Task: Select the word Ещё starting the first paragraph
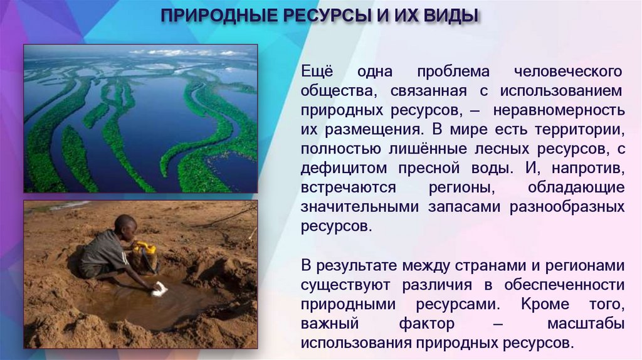pyautogui.click(x=318, y=71)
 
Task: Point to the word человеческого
pyautogui.click(x=569, y=71)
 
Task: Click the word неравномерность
pyautogui.click(x=559, y=111)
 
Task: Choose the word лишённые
pyautogui.click(x=438, y=150)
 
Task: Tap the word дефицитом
pyautogui.click(x=339, y=169)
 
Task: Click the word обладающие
pyautogui.click(x=576, y=189)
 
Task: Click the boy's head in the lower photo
pyautogui.click(x=126, y=226)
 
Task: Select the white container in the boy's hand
pyautogui.click(x=160, y=289)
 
